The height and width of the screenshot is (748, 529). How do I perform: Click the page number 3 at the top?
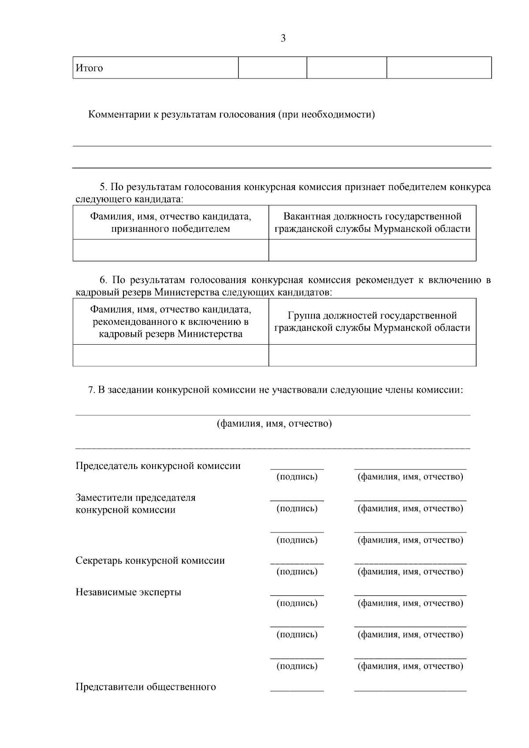coord(283,38)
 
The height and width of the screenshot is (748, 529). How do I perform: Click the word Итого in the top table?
coord(89,68)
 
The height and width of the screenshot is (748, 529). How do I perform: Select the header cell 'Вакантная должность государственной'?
coord(373,222)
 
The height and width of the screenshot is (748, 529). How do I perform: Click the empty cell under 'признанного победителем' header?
coord(171,250)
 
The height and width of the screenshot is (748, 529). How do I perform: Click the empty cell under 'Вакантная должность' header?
coord(373,250)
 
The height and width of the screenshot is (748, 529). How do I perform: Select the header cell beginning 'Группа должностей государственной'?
coord(373,321)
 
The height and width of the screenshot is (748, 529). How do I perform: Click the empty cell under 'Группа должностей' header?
coord(373,355)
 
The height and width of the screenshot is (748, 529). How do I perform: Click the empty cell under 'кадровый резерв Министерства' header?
coord(171,355)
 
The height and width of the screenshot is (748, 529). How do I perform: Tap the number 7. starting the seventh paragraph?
coord(92,390)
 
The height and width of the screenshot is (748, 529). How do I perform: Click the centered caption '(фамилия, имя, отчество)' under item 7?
coord(274,424)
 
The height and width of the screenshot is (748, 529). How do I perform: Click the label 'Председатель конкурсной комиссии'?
coord(158,466)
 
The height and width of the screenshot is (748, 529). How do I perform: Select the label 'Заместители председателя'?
coord(136,498)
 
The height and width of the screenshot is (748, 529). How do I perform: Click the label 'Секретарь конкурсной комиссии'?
coord(150,561)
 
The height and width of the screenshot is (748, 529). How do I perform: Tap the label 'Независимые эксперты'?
coord(128,592)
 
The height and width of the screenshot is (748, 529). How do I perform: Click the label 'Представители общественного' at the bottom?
coord(146,687)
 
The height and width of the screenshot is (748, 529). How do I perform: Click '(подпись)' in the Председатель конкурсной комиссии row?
coord(297,477)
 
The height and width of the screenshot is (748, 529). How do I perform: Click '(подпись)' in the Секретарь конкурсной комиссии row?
coord(297,572)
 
